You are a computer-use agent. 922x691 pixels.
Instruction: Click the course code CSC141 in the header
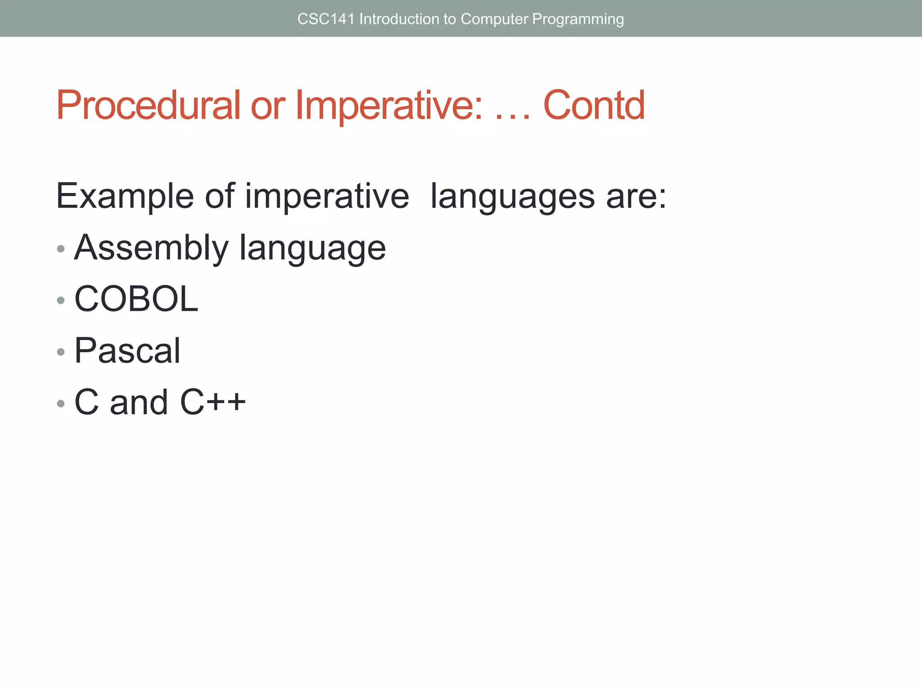click(x=326, y=19)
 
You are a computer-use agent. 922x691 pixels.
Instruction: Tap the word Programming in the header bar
click(x=578, y=19)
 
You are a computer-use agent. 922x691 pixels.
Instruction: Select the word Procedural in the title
click(x=149, y=105)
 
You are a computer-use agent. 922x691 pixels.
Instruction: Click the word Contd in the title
click(x=594, y=105)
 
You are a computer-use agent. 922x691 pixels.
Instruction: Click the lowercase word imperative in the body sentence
click(x=327, y=196)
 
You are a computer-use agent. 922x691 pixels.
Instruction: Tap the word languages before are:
click(x=512, y=197)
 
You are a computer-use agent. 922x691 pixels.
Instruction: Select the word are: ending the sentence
click(x=636, y=197)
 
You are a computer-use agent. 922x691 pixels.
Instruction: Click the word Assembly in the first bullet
click(x=151, y=248)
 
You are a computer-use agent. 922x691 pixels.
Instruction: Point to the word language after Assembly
click(x=312, y=249)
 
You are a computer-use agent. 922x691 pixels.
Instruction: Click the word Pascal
click(x=127, y=350)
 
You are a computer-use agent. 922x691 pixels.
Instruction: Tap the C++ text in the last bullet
click(x=212, y=402)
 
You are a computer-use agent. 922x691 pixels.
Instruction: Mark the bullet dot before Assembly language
click(x=61, y=249)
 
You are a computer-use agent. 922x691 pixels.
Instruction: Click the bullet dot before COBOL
click(x=61, y=300)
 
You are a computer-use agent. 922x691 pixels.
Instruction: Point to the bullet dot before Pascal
click(x=61, y=352)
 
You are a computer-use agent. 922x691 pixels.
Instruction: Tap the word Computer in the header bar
click(x=494, y=19)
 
